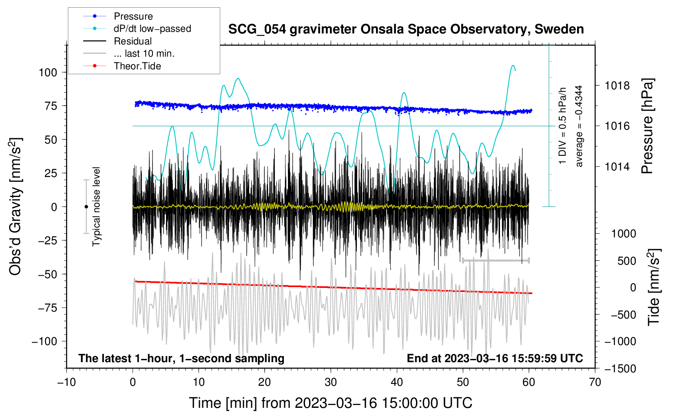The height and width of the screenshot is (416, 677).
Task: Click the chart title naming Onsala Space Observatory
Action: click(x=406, y=29)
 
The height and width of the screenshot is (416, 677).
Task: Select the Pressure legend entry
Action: click(x=133, y=16)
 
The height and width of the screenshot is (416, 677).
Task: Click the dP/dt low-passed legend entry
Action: click(x=152, y=29)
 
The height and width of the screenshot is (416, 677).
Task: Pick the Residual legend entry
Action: click(x=133, y=41)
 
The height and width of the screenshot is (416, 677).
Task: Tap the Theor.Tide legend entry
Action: click(x=137, y=66)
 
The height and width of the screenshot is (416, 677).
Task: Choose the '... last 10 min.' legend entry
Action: click(x=144, y=53)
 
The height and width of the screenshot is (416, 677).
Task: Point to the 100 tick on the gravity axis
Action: click(x=48, y=73)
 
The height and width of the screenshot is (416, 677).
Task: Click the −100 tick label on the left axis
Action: click(x=44, y=341)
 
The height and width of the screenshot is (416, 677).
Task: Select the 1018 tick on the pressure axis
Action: click(x=617, y=86)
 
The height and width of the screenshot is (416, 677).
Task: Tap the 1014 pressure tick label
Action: click(x=617, y=167)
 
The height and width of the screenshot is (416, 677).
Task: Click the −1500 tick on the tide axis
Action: click(x=620, y=369)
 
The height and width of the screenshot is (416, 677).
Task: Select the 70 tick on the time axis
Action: click(x=595, y=382)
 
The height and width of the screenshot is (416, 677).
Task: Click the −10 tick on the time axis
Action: click(x=66, y=382)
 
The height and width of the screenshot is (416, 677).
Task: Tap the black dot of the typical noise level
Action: click(x=86, y=207)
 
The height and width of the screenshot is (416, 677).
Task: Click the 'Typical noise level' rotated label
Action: click(x=96, y=206)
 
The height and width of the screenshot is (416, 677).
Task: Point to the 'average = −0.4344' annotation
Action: click(x=579, y=126)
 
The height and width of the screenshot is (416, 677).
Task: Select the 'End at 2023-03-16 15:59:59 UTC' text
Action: click(x=495, y=358)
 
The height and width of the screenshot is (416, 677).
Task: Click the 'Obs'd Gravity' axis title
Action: click(x=15, y=206)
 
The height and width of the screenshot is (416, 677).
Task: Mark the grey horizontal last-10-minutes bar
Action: click(x=496, y=260)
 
